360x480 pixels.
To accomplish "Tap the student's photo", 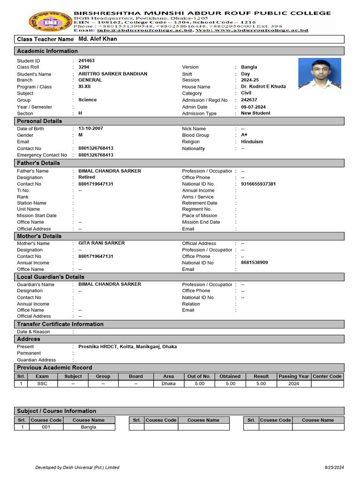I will click(x=319, y=74).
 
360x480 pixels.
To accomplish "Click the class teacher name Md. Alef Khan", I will click(x=97, y=39).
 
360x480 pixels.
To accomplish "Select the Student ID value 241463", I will click(x=87, y=61).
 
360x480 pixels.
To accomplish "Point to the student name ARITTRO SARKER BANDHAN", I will click(x=112, y=74).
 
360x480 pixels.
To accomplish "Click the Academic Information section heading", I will click(x=47, y=51).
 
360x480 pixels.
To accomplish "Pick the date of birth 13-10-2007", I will click(x=91, y=128).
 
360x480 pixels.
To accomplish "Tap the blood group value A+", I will click(x=244, y=135).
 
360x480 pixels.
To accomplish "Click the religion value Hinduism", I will click(x=252, y=142).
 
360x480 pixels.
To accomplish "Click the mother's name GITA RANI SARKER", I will click(x=101, y=243).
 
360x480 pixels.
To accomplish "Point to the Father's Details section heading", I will click(x=38, y=163).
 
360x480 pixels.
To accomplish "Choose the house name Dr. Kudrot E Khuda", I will click(x=263, y=87).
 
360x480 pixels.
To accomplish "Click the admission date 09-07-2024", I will click(x=253, y=107).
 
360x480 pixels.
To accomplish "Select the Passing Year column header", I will click(x=293, y=376).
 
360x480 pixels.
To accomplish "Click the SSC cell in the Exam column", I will click(x=42, y=383).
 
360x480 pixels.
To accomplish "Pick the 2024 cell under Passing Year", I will click(x=293, y=383).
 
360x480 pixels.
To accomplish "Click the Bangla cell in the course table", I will click(x=89, y=427).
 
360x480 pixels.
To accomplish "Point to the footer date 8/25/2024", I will click(x=334, y=467).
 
